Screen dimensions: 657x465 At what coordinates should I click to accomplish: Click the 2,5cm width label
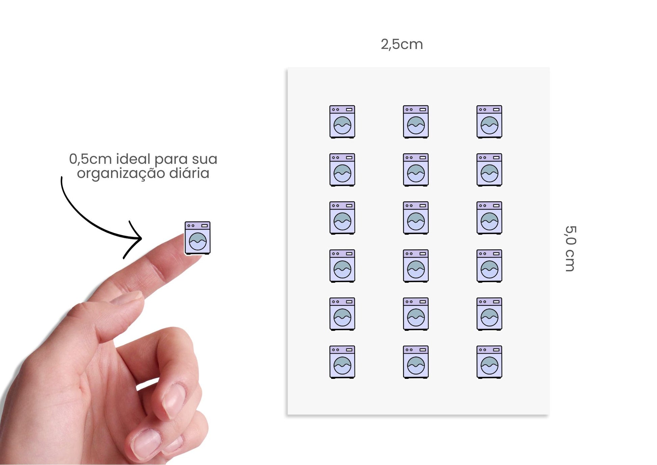(402, 44)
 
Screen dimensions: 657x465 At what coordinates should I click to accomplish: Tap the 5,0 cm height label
(571, 248)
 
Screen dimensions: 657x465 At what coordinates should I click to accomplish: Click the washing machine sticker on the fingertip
(198, 238)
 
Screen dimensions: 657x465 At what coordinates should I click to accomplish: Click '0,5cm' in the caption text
(90, 159)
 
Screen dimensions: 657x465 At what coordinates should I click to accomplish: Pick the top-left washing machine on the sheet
(342, 122)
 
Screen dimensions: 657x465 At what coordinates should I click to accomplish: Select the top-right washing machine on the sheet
(490, 122)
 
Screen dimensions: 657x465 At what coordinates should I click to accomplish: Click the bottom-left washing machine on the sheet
(342, 362)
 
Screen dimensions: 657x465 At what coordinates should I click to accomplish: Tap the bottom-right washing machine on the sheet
(490, 362)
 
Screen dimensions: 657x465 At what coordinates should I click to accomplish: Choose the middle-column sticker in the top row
(416, 122)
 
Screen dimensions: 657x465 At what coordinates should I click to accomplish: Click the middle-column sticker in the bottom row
(416, 362)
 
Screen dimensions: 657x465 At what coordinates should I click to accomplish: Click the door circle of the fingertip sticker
(198, 241)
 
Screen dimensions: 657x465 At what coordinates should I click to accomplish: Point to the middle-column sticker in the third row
(416, 218)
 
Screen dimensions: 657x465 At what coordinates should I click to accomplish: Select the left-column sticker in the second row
(342, 170)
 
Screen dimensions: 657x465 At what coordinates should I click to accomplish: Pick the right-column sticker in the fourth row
(490, 266)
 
